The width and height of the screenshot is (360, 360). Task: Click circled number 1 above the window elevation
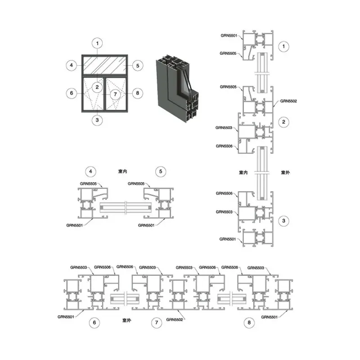tap(97, 43)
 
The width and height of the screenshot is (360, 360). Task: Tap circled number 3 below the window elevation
tap(97, 120)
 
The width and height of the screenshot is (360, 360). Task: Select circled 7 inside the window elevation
tap(115, 94)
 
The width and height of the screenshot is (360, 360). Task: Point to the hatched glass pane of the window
tap(104, 65)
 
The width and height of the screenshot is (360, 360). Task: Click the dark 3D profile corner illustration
tap(177, 88)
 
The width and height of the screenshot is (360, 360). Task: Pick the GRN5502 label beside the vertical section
tap(288, 101)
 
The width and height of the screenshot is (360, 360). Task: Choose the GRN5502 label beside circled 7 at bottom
tap(175, 319)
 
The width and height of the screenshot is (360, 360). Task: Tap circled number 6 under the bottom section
tap(94, 323)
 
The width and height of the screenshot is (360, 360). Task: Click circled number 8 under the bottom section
tap(249, 323)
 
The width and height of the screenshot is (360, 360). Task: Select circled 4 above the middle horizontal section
tap(91, 171)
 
